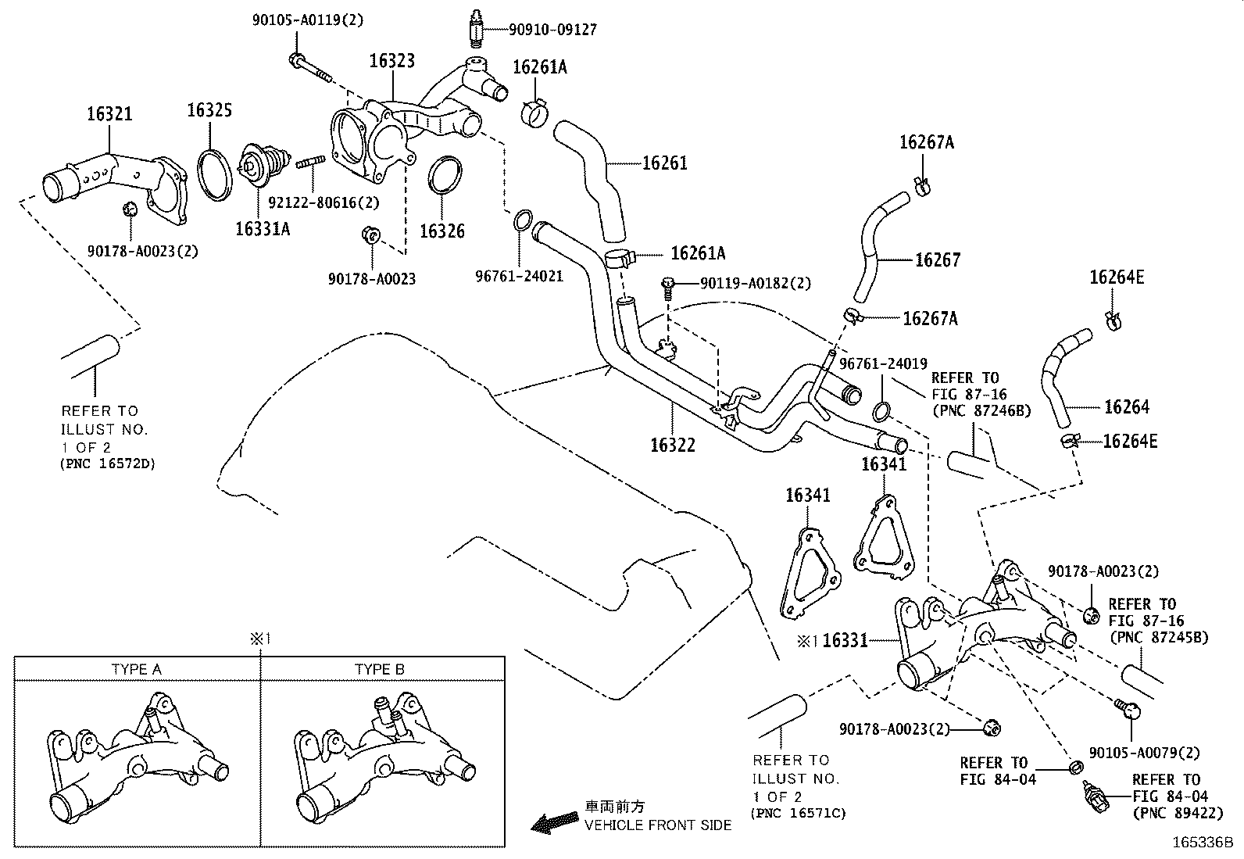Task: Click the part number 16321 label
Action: click(x=109, y=114)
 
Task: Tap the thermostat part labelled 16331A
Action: click(x=259, y=166)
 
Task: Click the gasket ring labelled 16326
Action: click(x=445, y=176)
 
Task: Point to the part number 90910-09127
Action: click(x=552, y=30)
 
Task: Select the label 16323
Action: click(x=392, y=61)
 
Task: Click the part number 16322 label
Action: click(x=672, y=445)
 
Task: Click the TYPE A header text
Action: click(x=137, y=669)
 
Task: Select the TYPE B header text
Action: click(x=380, y=669)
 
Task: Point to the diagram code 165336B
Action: click(x=1201, y=843)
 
